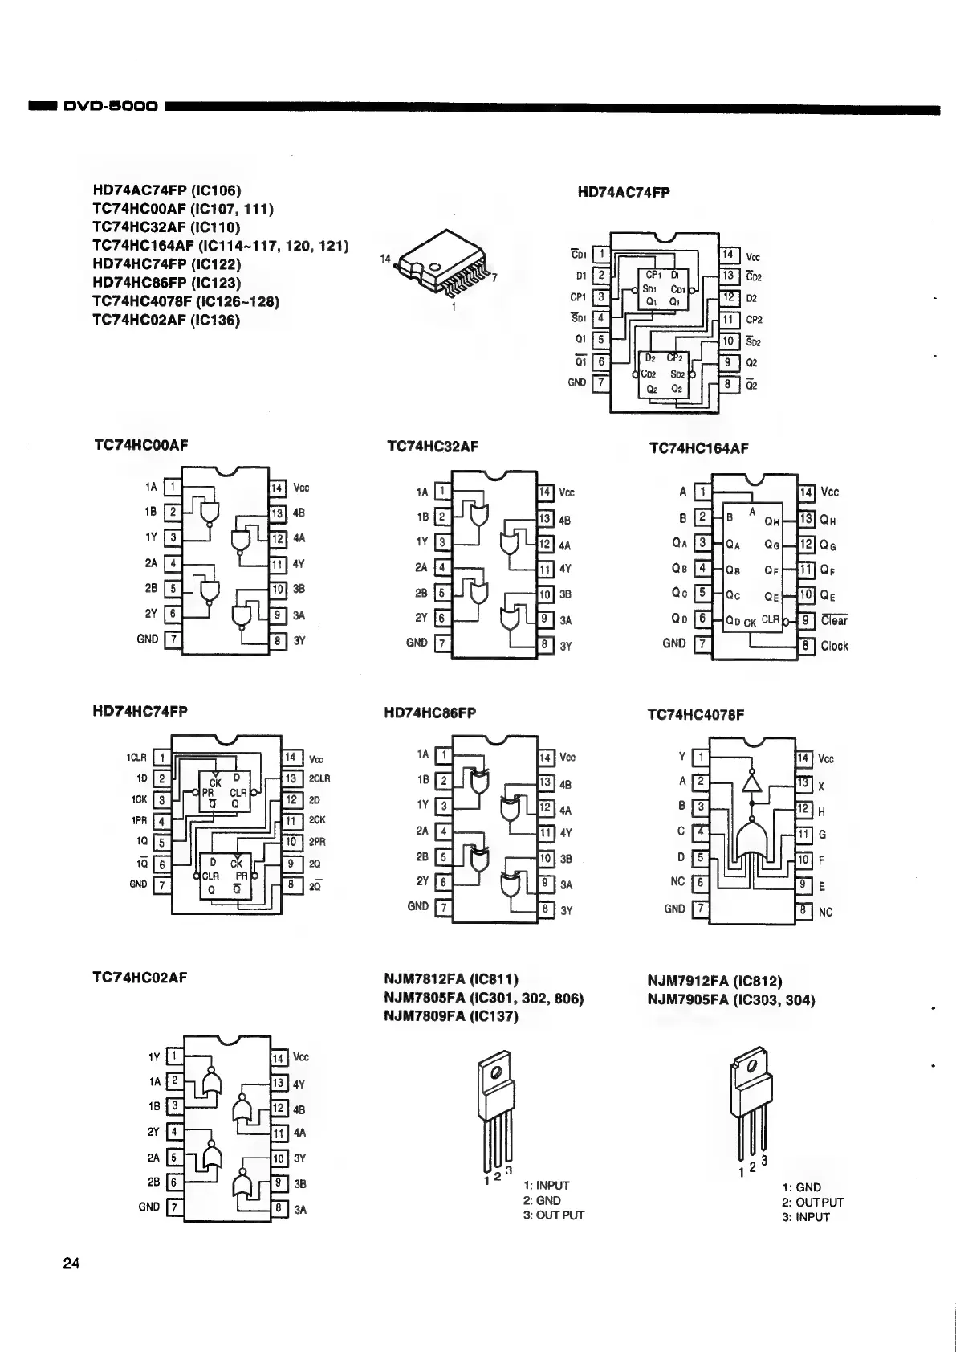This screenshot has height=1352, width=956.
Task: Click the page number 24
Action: pos(71,1264)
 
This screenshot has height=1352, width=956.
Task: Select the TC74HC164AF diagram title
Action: pos(698,448)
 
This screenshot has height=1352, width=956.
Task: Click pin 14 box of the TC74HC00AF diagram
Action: pos(276,488)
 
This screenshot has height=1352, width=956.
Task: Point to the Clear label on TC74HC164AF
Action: pos(834,620)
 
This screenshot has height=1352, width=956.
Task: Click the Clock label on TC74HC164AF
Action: pos(834,646)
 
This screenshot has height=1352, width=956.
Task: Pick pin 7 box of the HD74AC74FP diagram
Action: pos(600,383)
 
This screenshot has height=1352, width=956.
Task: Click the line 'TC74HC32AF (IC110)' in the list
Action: pos(166,227)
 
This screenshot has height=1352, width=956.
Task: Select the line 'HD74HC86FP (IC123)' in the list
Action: pos(166,283)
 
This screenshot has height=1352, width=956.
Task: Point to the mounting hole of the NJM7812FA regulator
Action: pos(497,1072)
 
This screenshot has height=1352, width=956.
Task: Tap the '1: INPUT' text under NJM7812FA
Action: pos(546,1186)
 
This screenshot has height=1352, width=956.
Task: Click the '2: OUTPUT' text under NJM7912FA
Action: pos(812,1203)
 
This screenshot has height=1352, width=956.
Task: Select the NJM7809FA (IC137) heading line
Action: pos(451,1016)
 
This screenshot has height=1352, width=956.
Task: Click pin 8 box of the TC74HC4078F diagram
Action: pos(803,911)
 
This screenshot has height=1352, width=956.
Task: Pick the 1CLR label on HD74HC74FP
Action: pos(136,758)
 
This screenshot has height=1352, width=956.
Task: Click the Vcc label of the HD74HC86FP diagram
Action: pos(567,757)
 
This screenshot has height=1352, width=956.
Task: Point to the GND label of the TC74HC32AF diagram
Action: pos(417,643)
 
